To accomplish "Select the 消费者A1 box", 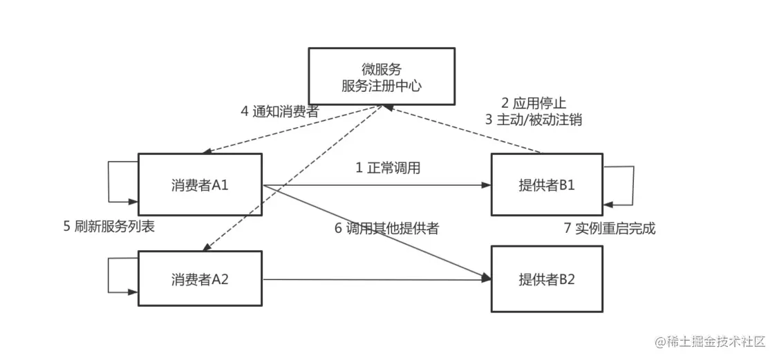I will click(x=200, y=185).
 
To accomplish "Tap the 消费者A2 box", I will click(x=200, y=279).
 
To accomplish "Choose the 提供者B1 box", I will click(x=546, y=185).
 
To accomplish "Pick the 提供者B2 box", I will click(x=546, y=279).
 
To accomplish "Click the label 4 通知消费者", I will click(x=279, y=112).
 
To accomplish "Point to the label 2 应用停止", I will click(x=533, y=103).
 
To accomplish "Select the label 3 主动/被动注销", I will click(x=533, y=119).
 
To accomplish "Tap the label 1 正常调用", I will click(x=388, y=168).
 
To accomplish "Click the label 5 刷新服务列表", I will click(x=109, y=227).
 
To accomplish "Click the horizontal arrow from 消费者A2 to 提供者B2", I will click(x=373, y=279).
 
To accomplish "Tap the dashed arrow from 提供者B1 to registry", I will click(x=463, y=131).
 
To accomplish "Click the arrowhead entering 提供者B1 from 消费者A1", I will click(x=487, y=185).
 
